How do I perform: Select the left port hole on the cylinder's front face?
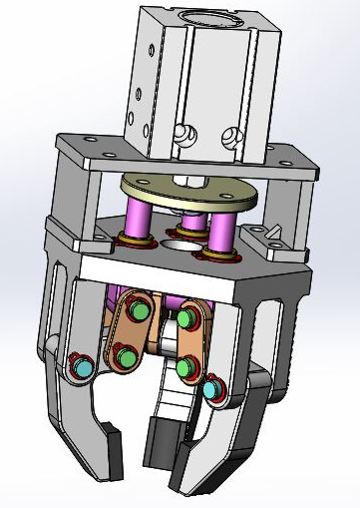tap(182, 132)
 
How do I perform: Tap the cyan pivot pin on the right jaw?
tap(210, 390)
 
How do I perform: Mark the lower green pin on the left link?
tap(127, 356)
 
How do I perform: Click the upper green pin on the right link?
tap(186, 319)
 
